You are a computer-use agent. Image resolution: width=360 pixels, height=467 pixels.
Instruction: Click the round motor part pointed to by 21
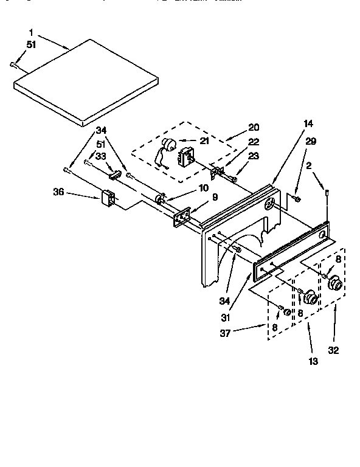click(x=168, y=147)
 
